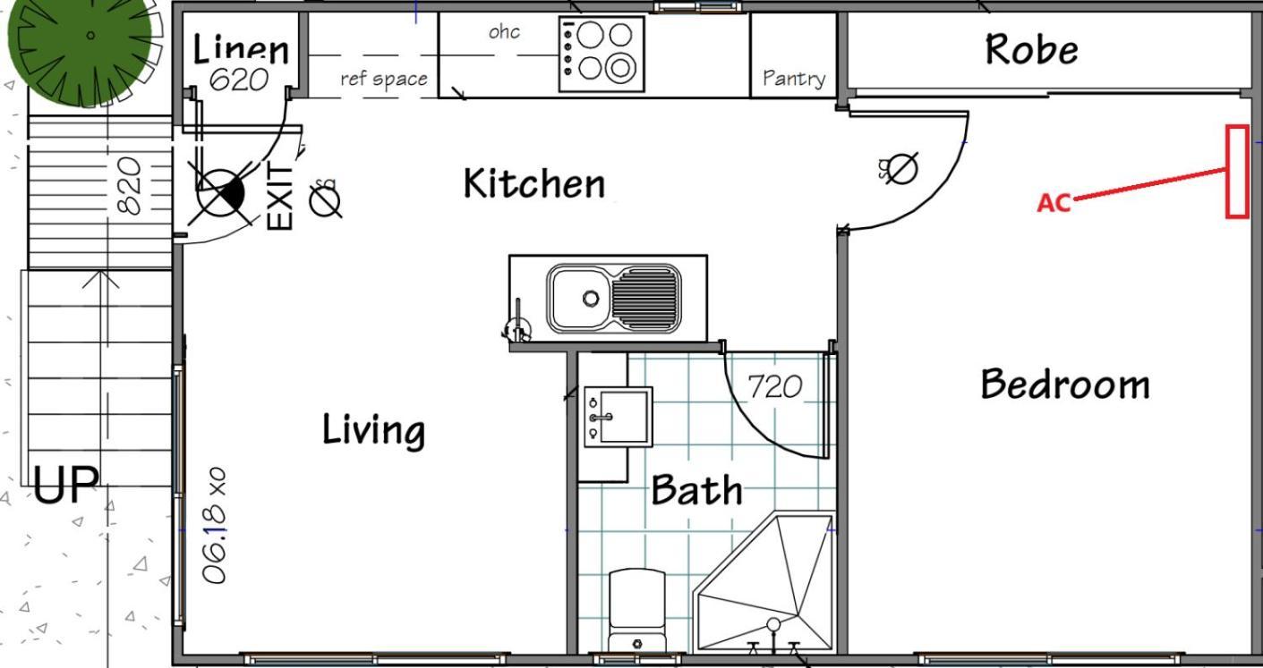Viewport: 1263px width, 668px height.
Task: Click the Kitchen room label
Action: (x=534, y=183)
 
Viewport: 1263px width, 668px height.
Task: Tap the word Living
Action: (x=373, y=430)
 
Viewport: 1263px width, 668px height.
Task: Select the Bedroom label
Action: (x=1065, y=385)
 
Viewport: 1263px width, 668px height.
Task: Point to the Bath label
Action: (x=696, y=489)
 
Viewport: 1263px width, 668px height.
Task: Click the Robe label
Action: (x=1032, y=49)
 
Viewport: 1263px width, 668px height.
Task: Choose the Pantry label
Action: (x=794, y=78)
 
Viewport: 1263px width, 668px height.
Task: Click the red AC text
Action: (x=1054, y=203)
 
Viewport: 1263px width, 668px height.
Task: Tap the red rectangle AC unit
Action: (x=1237, y=171)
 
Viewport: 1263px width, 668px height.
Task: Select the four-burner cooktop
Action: (x=602, y=54)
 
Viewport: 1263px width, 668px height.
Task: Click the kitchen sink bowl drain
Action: (x=591, y=297)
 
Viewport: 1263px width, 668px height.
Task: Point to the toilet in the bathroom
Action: (x=637, y=611)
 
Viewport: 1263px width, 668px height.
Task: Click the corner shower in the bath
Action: (x=765, y=582)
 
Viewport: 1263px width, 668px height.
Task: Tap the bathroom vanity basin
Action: (x=619, y=417)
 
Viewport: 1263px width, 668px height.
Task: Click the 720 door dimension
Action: (x=774, y=387)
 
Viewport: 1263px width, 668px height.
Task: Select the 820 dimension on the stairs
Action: (x=129, y=186)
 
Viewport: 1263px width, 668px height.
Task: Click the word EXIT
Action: (x=280, y=196)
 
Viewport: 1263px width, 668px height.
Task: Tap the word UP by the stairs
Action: (x=66, y=485)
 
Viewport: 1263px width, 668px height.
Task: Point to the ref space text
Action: (x=384, y=79)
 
